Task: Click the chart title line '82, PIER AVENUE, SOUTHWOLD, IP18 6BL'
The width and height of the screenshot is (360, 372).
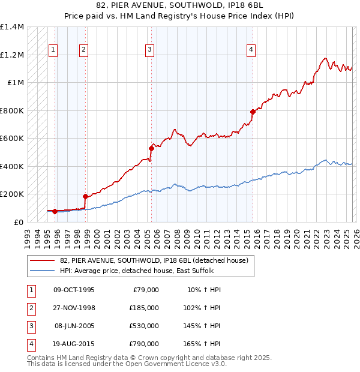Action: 179,7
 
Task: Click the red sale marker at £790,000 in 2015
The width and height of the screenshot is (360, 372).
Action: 253,112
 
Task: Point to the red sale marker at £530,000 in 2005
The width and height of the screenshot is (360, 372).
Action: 151,148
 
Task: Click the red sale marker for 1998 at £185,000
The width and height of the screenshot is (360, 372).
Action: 85,196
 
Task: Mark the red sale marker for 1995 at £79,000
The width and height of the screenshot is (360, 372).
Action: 55,211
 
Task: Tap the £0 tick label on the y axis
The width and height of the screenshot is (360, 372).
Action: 17,222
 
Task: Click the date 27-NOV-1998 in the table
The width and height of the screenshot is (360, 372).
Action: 74,308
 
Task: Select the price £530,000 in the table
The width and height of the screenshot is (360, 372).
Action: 143,326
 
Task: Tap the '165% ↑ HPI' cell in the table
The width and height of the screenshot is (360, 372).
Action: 202,344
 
